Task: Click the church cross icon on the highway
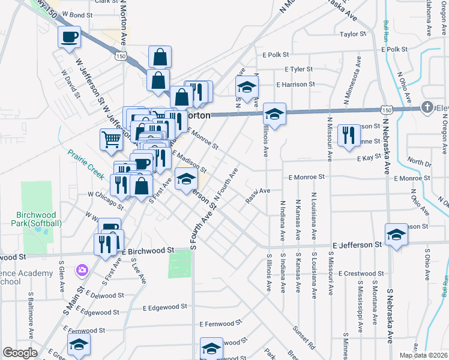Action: click(427, 107)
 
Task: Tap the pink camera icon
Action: click(81, 271)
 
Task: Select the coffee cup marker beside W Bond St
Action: click(69, 37)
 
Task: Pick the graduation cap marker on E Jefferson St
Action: click(396, 235)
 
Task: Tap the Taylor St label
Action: click(353, 34)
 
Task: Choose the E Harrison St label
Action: click(295, 85)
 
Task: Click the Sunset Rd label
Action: click(304, 338)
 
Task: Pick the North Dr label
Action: click(419, 161)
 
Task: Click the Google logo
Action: click(20, 353)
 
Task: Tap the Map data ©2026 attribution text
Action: click(423, 355)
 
